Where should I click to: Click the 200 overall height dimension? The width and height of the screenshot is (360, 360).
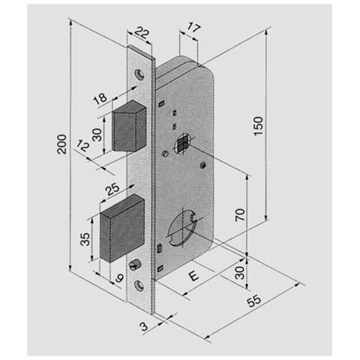click(61, 144)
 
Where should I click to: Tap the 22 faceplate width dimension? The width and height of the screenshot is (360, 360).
click(142, 33)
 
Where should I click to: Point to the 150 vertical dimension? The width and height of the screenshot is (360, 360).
click(259, 126)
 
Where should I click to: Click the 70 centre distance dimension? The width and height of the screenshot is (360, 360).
click(240, 214)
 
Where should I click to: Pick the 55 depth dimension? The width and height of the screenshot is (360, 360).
click(254, 301)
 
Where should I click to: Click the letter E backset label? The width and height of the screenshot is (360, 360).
click(193, 276)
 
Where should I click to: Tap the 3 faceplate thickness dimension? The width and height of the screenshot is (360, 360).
click(144, 326)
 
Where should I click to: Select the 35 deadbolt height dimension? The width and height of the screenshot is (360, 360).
click(85, 239)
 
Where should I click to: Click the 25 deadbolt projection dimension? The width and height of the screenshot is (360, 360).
click(112, 190)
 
